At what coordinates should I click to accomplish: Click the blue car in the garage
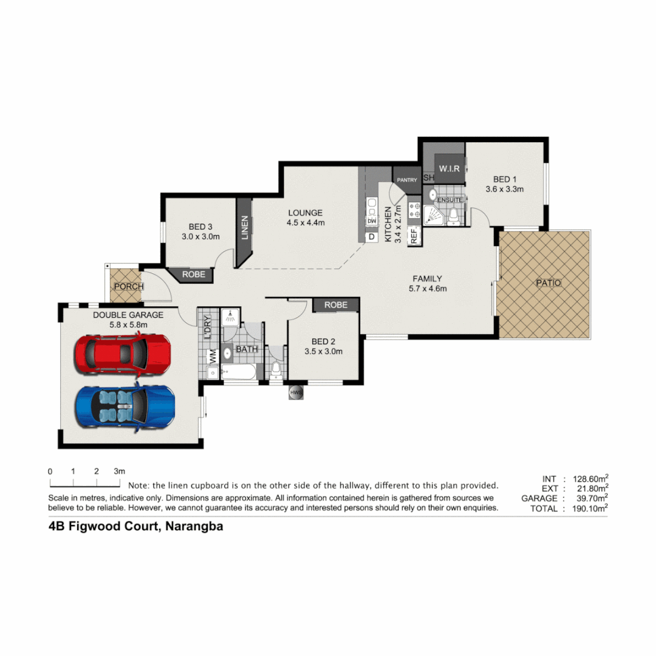125,405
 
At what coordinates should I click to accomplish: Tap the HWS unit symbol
296,393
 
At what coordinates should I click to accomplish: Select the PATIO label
548,283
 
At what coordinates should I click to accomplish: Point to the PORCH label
128,287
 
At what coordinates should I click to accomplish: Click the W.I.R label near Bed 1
449,168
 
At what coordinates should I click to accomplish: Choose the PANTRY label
406,180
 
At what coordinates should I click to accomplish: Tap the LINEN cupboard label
245,228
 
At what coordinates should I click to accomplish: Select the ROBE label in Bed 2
336,305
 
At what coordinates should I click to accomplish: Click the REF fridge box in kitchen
414,236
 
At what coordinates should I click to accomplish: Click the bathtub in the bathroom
239,373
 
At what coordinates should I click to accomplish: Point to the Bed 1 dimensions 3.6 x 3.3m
504,189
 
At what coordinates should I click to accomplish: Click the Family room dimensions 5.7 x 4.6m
428,289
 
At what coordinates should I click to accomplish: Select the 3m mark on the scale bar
119,471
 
